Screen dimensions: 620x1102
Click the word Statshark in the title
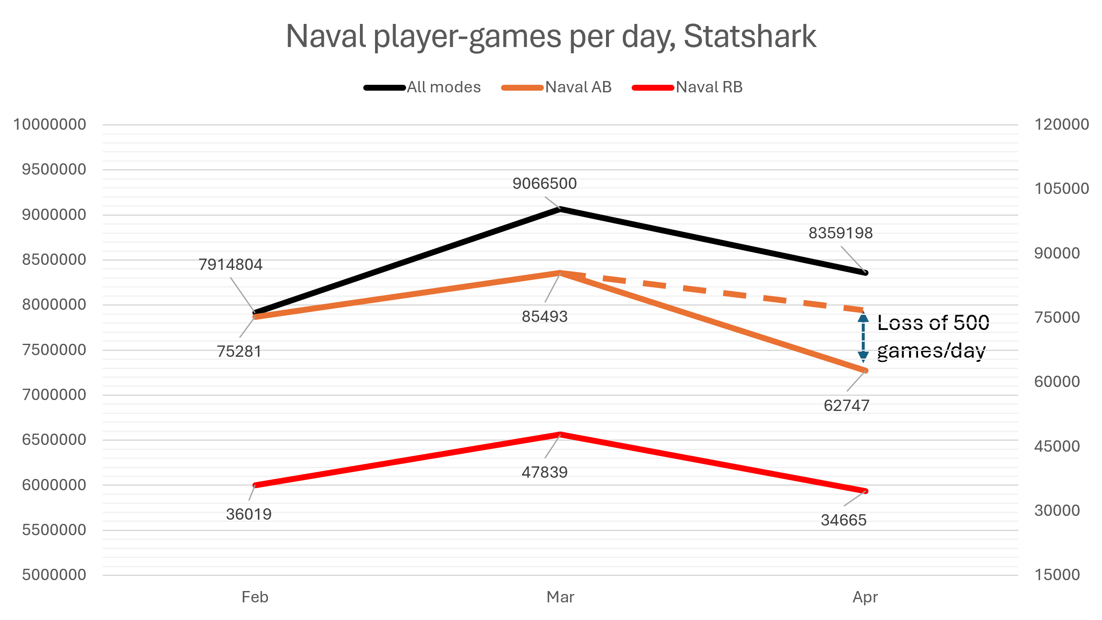click(x=750, y=37)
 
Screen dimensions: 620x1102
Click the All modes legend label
click(x=443, y=87)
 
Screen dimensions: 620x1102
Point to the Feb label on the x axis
click(x=255, y=597)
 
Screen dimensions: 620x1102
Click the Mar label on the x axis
click(x=560, y=597)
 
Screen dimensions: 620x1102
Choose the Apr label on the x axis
click(x=865, y=597)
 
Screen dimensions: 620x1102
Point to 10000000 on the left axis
click(x=50, y=124)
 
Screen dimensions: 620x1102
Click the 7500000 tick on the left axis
click(x=54, y=350)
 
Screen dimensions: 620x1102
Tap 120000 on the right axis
click(x=1061, y=124)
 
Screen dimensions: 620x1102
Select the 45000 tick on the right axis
click(x=1057, y=446)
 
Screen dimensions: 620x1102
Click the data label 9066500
click(x=545, y=183)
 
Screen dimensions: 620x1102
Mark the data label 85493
click(x=545, y=317)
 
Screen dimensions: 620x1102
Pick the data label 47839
click(x=545, y=472)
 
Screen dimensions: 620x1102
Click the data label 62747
click(x=846, y=405)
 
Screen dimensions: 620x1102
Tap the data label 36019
click(x=249, y=514)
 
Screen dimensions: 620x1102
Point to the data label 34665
click(x=844, y=520)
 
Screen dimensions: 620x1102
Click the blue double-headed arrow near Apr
click(x=863, y=337)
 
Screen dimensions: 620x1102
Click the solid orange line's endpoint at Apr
click(x=866, y=370)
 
